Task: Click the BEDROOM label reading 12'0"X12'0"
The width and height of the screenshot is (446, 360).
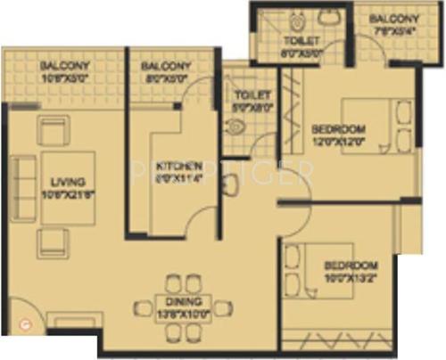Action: coord(340,135)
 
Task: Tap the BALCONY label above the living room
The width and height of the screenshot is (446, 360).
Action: coord(63,70)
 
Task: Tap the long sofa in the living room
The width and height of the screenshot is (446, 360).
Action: coord(23,188)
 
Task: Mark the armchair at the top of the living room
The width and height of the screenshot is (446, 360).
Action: coord(53,131)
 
